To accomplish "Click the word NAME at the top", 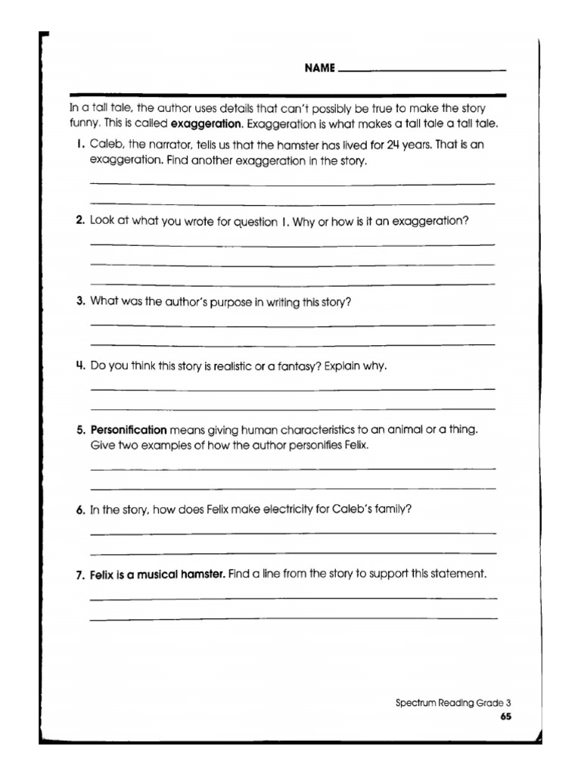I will click(319, 68).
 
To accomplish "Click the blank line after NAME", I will click(423, 71).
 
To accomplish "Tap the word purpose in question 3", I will click(227, 301).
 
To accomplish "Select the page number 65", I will click(505, 716).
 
